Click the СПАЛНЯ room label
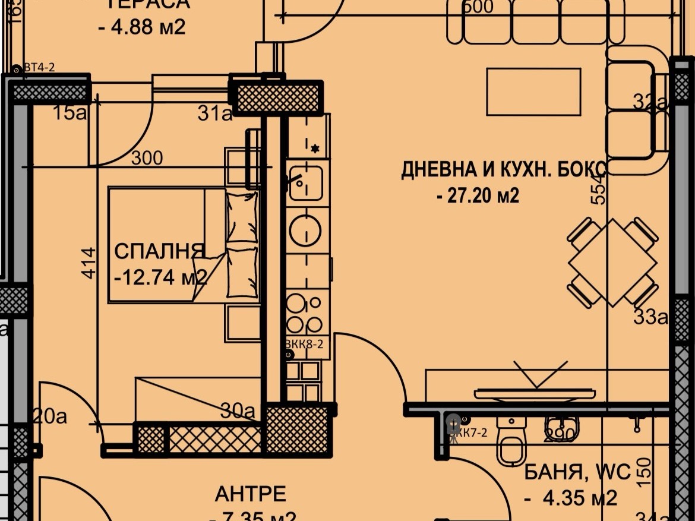(x=159, y=251)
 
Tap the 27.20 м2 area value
(x=478, y=195)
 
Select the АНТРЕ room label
(x=250, y=494)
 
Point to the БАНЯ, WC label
(x=577, y=473)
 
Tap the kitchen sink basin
(x=305, y=182)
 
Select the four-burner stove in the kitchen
(x=305, y=314)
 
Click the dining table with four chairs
(x=612, y=262)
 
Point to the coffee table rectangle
(x=533, y=91)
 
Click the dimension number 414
(x=87, y=263)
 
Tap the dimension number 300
(x=146, y=158)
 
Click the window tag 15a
(x=69, y=113)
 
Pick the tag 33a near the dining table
(x=650, y=318)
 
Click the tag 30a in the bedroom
(x=237, y=411)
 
